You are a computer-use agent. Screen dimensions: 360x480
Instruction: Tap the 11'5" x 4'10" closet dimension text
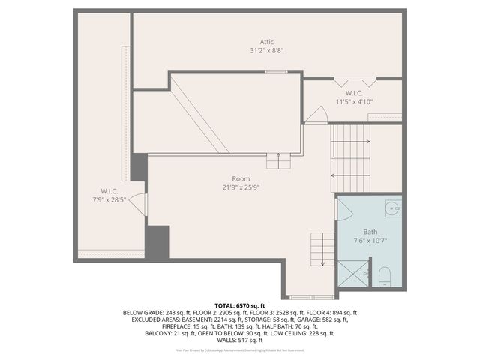[354, 101]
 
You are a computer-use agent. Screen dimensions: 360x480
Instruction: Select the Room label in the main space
[240, 178]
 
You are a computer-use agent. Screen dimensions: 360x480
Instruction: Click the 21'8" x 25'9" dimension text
[240, 187]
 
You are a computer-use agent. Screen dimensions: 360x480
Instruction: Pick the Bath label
[370, 232]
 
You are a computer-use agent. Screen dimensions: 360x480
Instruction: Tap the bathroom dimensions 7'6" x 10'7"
[370, 241]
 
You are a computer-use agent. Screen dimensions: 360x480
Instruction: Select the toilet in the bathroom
[384, 277]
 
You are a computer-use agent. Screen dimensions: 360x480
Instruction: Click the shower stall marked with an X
[352, 274]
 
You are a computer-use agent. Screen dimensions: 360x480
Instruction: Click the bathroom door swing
[318, 116]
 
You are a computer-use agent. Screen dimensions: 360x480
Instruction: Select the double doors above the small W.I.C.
[354, 82]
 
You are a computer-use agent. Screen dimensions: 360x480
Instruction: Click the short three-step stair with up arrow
[279, 160]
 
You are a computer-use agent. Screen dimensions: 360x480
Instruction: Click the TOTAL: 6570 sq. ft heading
[240, 306]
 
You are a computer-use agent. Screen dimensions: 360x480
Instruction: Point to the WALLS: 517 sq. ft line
[240, 340]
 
